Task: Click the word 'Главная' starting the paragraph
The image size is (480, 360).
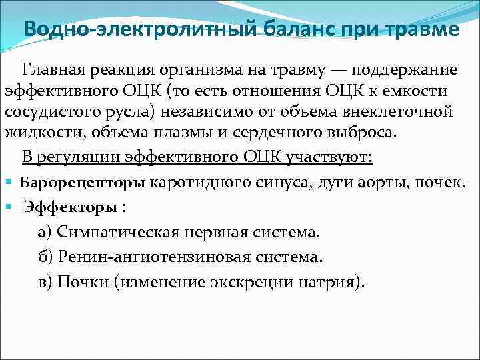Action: (54, 70)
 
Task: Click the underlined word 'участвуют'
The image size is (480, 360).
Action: (333, 157)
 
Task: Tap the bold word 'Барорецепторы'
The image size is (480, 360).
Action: (83, 181)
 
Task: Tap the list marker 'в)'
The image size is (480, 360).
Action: (45, 281)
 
